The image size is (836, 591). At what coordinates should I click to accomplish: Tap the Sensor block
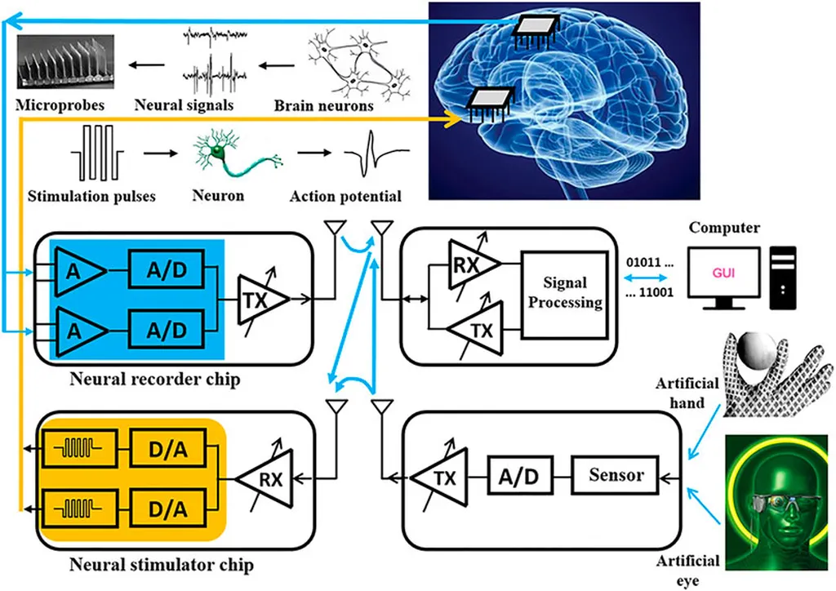pos(616,474)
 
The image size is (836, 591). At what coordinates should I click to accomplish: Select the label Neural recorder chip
pos(154,380)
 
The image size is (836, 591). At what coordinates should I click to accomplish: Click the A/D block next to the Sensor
pos(519,474)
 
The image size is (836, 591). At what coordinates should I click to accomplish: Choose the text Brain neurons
pos(323,105)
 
